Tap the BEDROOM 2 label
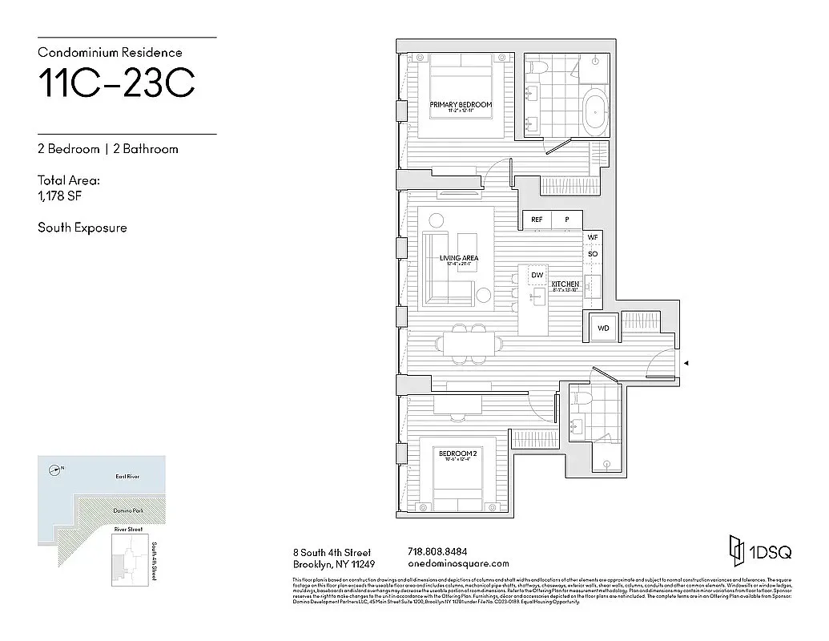pyautogui.click(x=457, y=454)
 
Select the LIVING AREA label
pyautogui.click(x=459, y=258)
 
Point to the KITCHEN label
pyautogui.click(x=565, y=284)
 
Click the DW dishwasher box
pyautogui.click(x=537, y=276)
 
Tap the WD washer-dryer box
pyautogui.click(x=602, y=328)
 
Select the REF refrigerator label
pyautogui.click(x=537, y=219)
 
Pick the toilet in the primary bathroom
pyautogui.click(x=539, y=67)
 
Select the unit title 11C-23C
pyautogui.click(x=116, y=85)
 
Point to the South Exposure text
pyautogui.click(x=82, y=228)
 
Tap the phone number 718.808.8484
pyautogui.click(x=437, y=551)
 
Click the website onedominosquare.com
pyautogui.click(x=458, y=563)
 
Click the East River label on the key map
pyautogui.click(x=127, y=477)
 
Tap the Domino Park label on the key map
pyautogui.click(x=127, y=510)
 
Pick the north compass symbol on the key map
pyautogui.click(x=54, y=470)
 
